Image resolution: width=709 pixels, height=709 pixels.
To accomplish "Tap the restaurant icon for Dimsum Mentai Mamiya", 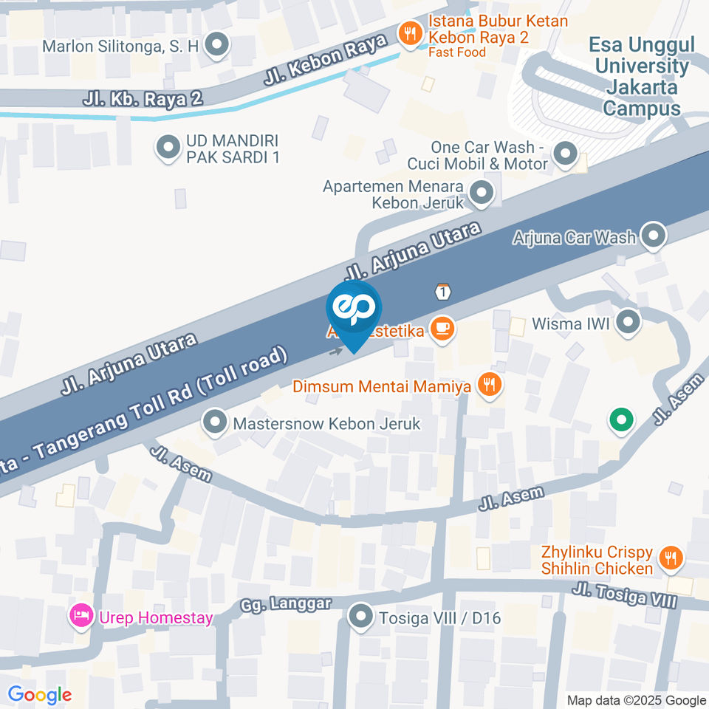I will [488, 383].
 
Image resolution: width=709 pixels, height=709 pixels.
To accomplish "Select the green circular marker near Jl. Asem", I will [621, 421].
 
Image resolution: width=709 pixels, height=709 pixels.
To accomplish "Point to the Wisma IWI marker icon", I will [628, 321].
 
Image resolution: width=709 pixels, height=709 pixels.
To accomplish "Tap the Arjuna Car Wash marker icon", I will [653, 236].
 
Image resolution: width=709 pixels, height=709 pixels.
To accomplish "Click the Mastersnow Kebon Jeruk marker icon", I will [216, 422].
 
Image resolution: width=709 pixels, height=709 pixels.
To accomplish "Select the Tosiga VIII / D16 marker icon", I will [361, 616].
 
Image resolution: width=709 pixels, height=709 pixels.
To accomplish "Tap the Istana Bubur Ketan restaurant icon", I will [408, 32].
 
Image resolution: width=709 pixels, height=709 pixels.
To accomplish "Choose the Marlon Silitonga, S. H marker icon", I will [217, 45].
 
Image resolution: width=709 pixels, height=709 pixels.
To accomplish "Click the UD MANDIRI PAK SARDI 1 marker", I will [169, 148].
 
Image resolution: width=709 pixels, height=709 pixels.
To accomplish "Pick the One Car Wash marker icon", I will [566, 154].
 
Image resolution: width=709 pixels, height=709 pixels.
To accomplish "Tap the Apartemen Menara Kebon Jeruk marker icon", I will [482, 193].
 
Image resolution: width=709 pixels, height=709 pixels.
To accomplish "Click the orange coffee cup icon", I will [442, 327].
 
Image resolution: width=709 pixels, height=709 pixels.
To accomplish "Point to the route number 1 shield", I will [442, 292].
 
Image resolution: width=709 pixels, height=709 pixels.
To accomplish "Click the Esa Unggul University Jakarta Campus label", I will [641, 77].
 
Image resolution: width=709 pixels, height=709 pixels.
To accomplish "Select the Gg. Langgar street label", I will [286, 603].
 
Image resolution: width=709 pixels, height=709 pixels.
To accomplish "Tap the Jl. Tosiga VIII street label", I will [625, 595].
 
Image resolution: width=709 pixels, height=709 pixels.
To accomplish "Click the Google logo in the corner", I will [39, 694].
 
